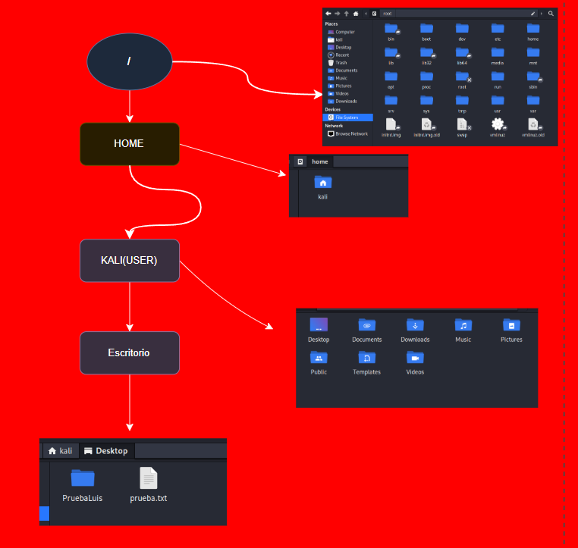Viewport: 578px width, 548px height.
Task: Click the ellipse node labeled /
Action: point(130,61)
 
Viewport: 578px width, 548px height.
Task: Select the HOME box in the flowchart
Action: point(130,143)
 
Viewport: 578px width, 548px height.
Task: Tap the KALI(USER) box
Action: point(130,261)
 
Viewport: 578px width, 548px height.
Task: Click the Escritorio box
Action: point(130,352)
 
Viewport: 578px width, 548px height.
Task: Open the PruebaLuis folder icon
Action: point(83,478)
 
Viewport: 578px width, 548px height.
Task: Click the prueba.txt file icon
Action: point(149,478)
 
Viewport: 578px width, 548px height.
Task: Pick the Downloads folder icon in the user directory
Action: point(415,325)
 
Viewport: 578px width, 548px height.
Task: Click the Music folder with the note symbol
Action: point(463,325)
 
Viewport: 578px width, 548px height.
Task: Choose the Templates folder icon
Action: point(366,358)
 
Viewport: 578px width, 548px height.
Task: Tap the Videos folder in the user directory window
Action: point(415,358)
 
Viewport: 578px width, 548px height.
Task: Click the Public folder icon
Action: point(319,358)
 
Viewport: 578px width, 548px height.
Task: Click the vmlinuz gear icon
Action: point(498,124)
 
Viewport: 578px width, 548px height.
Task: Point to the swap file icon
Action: point(462,124)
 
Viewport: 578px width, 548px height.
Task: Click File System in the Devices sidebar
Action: point(349,117)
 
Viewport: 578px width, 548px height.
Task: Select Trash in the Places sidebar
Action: point(341,62)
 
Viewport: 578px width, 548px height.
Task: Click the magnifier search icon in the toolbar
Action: point(551,13)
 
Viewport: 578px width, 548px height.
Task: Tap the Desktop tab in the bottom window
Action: point(106,451)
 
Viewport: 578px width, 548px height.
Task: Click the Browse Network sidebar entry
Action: point(350,133)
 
